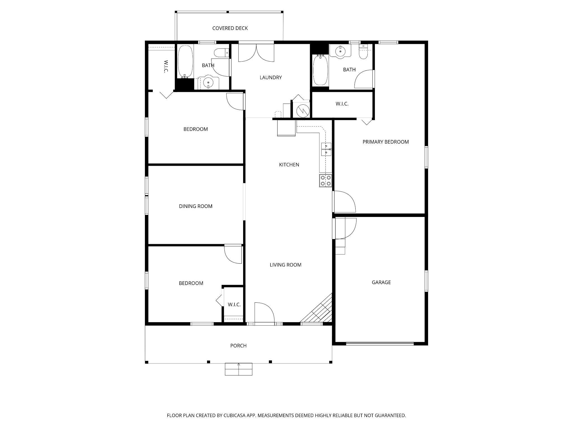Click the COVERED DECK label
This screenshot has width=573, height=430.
click(230, 28)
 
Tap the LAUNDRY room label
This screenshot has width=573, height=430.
click(271, 78)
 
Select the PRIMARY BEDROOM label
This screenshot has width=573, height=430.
click(386, 142)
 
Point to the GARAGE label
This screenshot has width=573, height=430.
click(381, 282)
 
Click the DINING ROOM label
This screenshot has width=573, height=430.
click(196, 206)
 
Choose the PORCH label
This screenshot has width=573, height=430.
click(238, 346)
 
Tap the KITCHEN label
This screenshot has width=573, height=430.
click(289, 165)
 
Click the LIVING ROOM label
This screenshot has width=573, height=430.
click(285, 265)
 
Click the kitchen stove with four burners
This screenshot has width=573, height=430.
click(325, 181)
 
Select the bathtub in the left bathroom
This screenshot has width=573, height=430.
click(185, 62)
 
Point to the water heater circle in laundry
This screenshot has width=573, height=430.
click(302, 109)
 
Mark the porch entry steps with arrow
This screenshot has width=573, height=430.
click(239, 369)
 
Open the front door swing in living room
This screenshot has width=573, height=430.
click(264, 312)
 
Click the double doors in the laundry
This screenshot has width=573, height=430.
click(256, 53)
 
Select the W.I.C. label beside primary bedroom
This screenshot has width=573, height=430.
click(342, 104)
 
